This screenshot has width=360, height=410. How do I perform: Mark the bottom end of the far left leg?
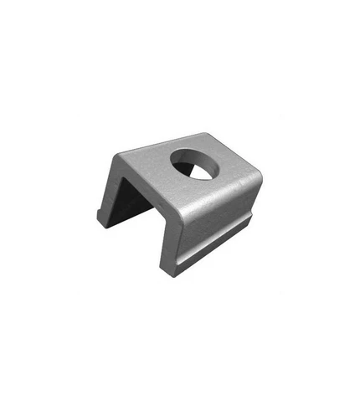coord(102,223)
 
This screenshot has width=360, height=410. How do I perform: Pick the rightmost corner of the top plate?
coord(260,179)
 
